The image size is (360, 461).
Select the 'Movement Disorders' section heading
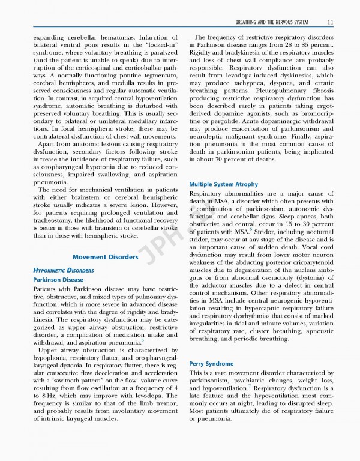point(105,258)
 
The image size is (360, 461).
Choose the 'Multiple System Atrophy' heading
point(223,184)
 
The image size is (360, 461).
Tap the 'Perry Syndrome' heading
point(211,364)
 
